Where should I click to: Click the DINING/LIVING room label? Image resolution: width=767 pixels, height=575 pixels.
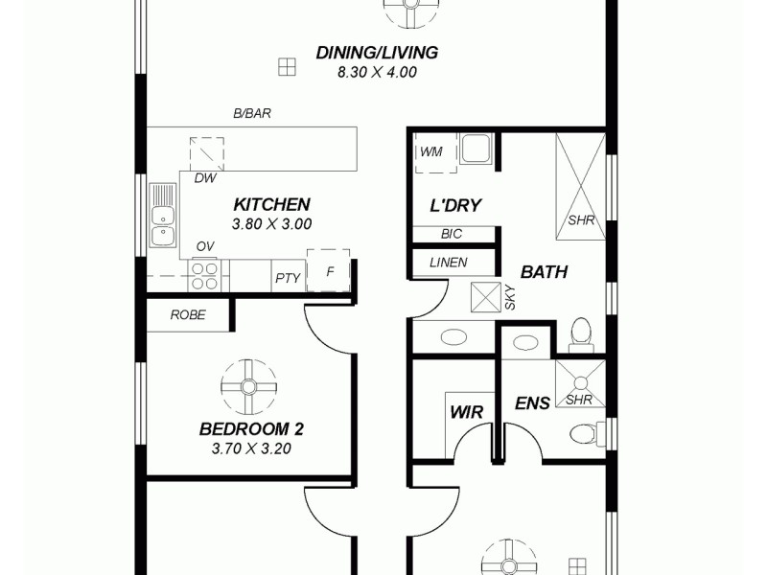pos(377,53)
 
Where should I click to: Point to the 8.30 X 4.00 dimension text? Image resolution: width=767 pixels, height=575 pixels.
pos(377,72)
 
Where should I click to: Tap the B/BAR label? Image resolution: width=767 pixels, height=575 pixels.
pos(252,113)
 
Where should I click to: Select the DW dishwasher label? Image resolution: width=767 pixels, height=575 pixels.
pos(204,178)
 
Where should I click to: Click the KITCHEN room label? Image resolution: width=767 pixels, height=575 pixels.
pos(271,204)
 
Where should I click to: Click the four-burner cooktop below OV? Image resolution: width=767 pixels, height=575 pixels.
pos(204,276)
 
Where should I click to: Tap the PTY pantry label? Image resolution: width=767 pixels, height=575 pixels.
pos(288,278)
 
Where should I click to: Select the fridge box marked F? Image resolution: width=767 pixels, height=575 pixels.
pos(329,271)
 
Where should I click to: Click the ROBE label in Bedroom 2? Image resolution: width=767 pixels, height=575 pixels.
pos(188,314)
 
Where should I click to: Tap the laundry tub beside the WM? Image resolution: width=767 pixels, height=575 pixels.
pos(476,149)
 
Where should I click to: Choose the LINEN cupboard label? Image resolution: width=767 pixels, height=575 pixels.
pos(448,263)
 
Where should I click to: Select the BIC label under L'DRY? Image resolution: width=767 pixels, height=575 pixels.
pos(452,234)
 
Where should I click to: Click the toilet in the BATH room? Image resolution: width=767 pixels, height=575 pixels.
pos(579,333)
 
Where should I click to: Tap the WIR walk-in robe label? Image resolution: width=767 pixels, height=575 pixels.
pos(466,412)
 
